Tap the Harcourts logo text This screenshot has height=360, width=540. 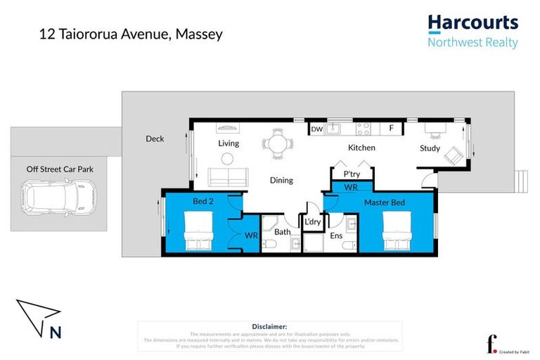pos(472,23)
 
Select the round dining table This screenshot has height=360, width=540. pos(274,144)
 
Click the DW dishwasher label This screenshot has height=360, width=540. pos(317,129)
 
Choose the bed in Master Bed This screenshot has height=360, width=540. pos(395,233)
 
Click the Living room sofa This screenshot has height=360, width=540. pos(227,177)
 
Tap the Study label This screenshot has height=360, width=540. pos(430,148)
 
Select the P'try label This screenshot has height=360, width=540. pos(352,174)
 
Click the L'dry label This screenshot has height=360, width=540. pos(312,222)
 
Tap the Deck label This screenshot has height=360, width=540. pos(155,139)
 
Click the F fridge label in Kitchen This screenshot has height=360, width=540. pos(392,129)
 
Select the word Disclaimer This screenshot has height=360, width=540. pos(269,327)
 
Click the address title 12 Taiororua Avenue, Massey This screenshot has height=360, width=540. pos(131,33)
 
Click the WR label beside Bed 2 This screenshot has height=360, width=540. pos(251,236)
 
